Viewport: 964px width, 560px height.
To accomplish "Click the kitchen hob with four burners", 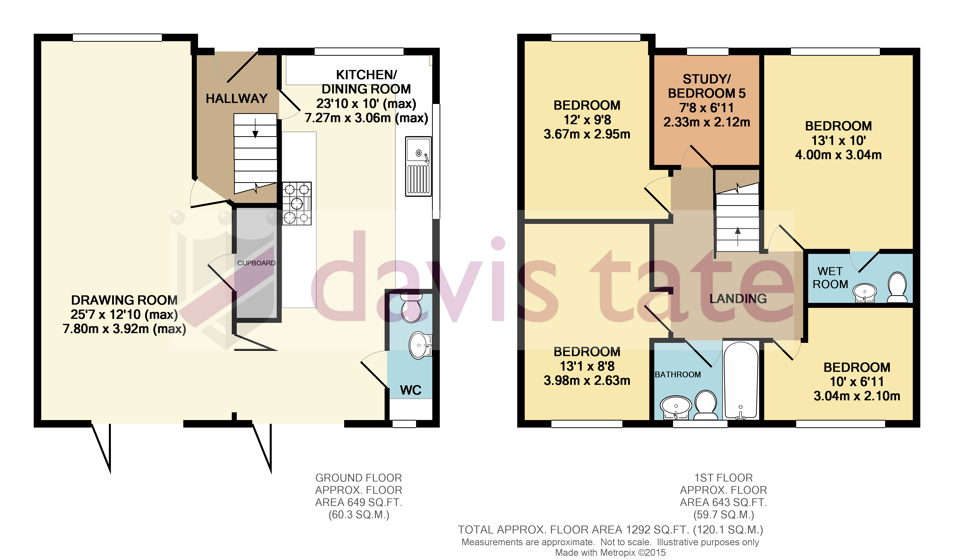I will (x=297, y=203).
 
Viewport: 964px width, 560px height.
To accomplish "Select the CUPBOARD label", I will (x=256, y=263).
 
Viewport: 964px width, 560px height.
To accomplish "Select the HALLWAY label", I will (x=237, y=98).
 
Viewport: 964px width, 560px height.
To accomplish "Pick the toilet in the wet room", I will (x=897, y=287).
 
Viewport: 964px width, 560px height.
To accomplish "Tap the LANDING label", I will (x=738, y=299).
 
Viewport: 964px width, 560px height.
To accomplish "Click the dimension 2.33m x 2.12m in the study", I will (x=707, y=122).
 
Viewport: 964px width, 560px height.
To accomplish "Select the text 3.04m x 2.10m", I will (x=857, y=396).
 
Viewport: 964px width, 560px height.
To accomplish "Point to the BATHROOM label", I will (x=678, y=374).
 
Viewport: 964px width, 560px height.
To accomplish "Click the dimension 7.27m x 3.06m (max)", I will (x=366, y=118).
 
